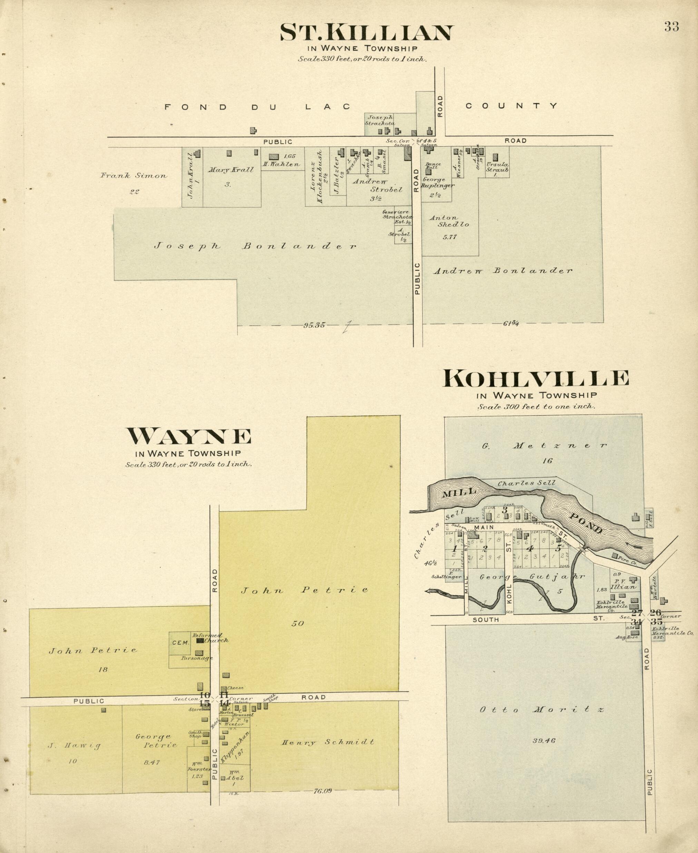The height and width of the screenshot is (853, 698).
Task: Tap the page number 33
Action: pos(671,27)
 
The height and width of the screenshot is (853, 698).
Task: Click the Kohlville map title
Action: pos(535,378)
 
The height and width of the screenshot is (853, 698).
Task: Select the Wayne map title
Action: pos(189,436)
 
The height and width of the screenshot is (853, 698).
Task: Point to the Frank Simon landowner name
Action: pos(134,176)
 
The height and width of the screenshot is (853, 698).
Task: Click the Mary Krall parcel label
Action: pos(230,170)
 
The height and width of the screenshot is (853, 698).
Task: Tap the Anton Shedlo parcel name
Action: pos(449,222)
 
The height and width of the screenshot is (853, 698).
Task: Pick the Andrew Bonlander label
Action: pos(503,271)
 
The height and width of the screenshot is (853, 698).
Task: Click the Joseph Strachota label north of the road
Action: pos(380,120)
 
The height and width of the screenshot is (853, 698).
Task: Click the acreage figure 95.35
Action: pos(314,325)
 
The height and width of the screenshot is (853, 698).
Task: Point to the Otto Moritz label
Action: pos(541,709)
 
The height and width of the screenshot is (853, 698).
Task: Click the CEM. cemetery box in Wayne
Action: pos(180,643)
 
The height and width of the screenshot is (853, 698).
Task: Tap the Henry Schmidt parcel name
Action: pos(328,742)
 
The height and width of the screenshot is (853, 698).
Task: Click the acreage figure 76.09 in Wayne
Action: pos(323,791)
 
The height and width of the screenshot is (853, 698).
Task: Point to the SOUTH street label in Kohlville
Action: pos(486,620)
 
